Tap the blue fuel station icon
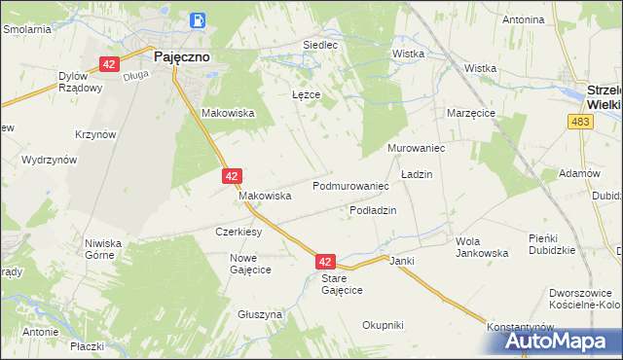[x=199, y=19]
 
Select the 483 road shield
[x=582, y=121]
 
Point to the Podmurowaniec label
[x=350, y=185]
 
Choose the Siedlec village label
[x=320, y=45]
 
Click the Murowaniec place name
[x=416, y=148]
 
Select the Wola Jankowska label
[x=482, y=246]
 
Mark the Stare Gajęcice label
[x=342, y=284]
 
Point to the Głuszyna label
[x=260, y=315]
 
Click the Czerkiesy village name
[x=238, y=233]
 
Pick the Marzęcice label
[x=472, y=113]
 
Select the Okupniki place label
[x=383, y=325]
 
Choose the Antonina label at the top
[x=522, y=19]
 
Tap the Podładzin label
[x=373, y=210]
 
